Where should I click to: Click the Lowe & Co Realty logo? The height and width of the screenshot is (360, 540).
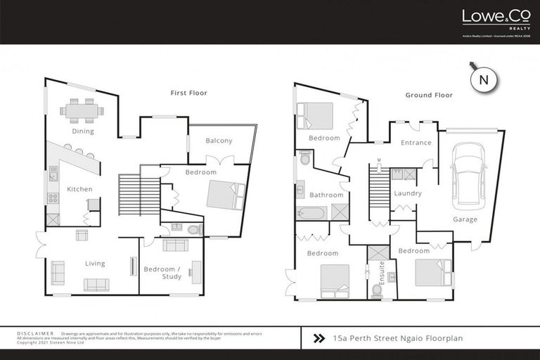[486, 19]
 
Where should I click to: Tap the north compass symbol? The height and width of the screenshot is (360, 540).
[483, 79]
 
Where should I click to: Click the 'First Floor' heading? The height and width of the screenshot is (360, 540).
[188, 93]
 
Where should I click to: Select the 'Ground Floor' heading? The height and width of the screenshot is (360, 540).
[428, 95]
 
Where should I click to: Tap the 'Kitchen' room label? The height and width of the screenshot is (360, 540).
[79, 189]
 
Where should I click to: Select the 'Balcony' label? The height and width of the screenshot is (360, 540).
[219, 141]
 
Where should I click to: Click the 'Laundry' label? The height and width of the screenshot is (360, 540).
[408, 193]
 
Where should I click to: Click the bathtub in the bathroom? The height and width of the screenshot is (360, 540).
[311, 212]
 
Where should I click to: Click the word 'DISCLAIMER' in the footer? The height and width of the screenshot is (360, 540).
[35, 333]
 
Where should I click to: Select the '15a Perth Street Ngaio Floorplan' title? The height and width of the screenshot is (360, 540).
[398, 339]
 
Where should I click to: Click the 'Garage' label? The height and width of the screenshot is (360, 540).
[465, 219]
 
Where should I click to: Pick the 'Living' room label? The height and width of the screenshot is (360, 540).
[95, 264]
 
